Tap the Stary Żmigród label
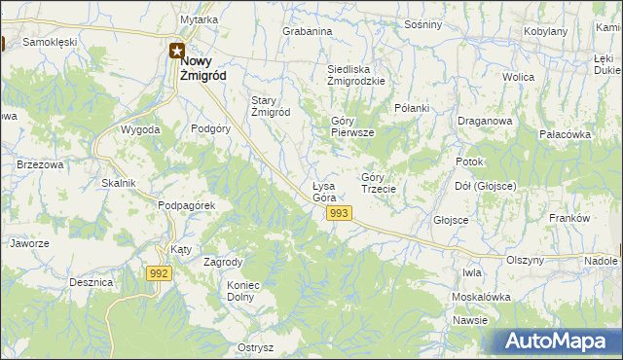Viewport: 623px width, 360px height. click(271, 106)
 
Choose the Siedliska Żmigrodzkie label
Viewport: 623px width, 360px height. click(355, 76)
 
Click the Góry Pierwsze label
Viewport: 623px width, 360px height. click(351, 126)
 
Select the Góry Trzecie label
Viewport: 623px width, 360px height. click(378, 183)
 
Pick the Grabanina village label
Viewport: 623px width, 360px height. click(308, 31)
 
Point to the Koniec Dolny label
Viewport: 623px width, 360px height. click(246, 291)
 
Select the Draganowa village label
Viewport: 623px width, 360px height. click(484, 122)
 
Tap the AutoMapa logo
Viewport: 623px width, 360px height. click(559, 341)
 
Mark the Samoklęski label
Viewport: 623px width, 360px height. click(50, 43)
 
